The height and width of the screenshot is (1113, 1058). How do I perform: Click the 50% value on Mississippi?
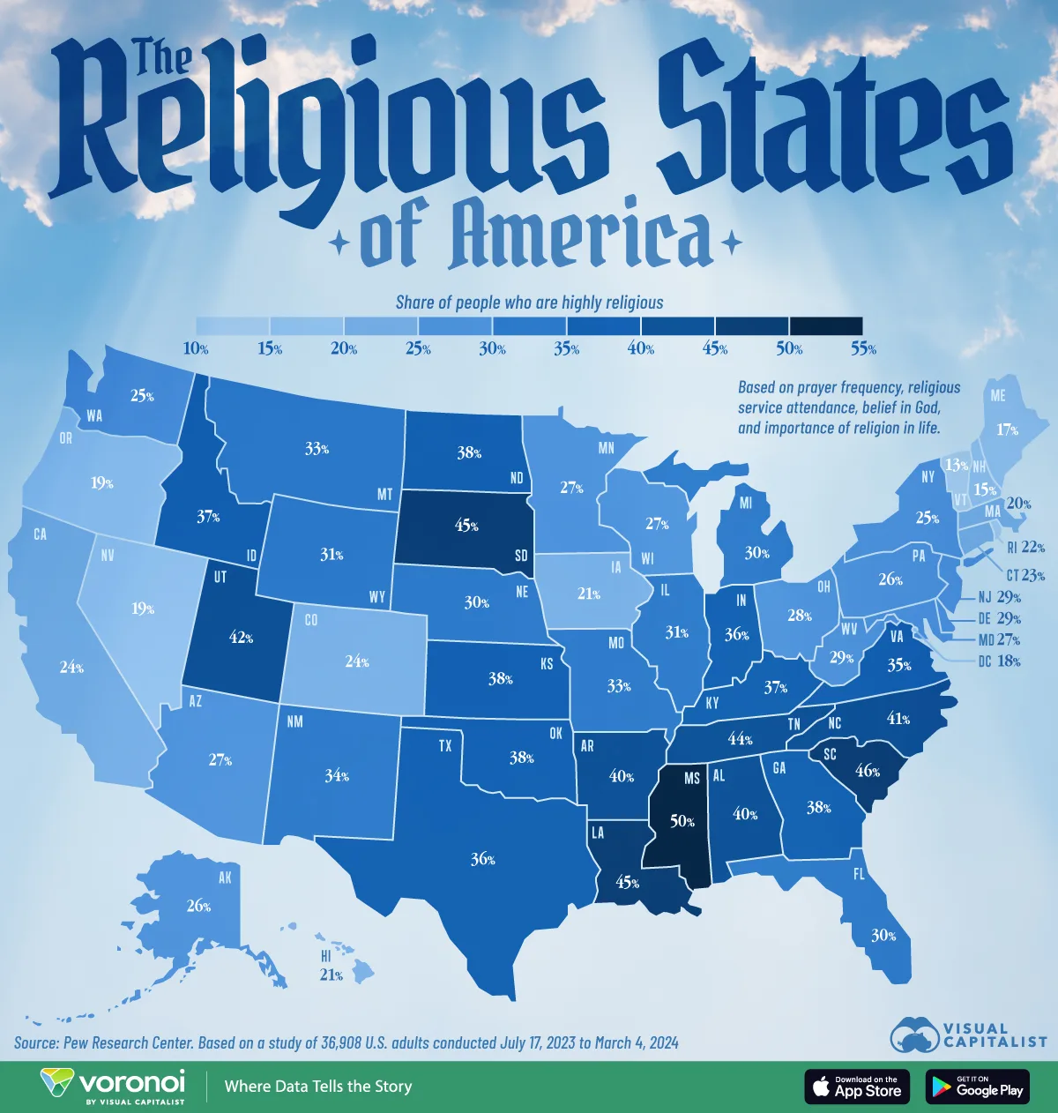click(682, 822)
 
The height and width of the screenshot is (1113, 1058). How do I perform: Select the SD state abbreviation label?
click(521, 556)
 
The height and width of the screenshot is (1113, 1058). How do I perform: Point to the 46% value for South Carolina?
click(868, 771)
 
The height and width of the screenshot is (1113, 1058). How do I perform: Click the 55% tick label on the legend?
click(863, 349)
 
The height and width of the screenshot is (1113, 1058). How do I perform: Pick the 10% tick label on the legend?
click(196, 349)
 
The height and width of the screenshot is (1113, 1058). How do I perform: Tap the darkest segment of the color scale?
click(826, 326)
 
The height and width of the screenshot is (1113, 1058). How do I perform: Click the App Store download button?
click(858, 1087)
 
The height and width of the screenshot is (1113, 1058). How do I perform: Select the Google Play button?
click(978, 1087)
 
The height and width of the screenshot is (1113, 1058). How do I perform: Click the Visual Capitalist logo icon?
click(913, 1035)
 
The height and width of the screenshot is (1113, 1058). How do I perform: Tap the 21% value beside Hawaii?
click(331, 975)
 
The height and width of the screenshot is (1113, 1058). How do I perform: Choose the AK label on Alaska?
click(224, 878)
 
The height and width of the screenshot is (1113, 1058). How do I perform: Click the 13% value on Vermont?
click(957, 465)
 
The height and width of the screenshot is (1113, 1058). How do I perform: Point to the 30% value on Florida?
click(884, 936)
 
